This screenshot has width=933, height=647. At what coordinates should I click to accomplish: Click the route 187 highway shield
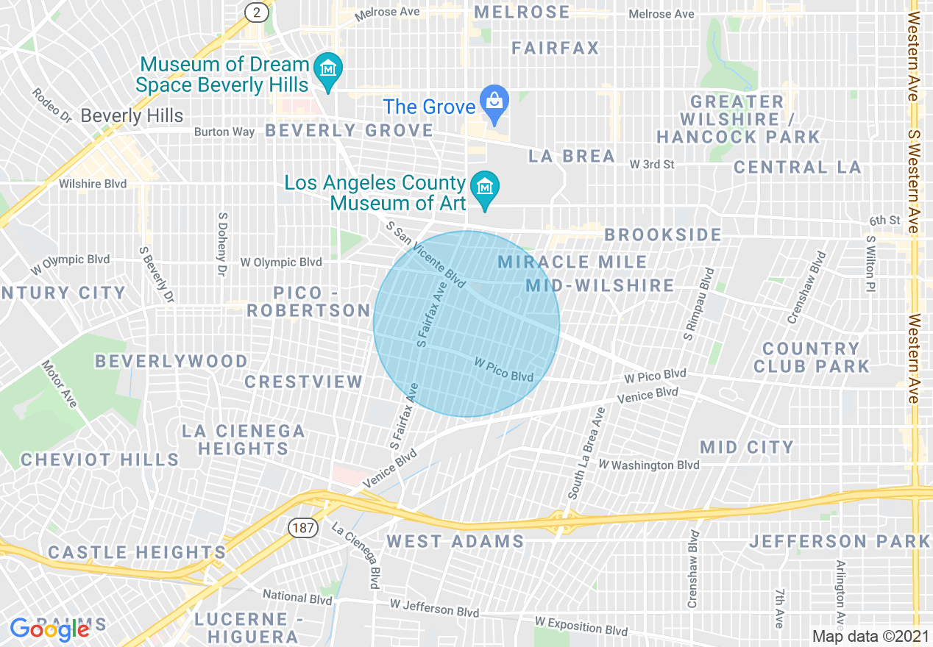coord(302,527)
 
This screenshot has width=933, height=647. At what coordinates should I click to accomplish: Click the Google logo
coord(49,629)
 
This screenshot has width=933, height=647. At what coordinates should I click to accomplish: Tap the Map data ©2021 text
coord(870,636)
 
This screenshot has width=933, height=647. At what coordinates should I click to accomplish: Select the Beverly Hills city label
coord(132,115)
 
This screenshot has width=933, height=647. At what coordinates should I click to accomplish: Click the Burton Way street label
coord(224,132)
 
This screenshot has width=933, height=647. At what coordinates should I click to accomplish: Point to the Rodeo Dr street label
coord(52,106)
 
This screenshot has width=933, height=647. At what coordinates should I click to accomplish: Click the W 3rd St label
coord(652,165)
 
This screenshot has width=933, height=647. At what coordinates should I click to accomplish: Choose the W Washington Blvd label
coord(648,465)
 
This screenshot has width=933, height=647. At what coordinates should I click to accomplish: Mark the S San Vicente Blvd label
coord(426,255)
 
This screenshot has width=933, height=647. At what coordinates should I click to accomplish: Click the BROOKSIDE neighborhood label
coord(663,235)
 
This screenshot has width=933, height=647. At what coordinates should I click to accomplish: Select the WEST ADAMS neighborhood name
coord(455,542)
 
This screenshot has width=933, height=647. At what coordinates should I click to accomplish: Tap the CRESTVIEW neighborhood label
coord(304,382)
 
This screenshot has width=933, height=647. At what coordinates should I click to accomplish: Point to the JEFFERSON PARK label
coord(840,542)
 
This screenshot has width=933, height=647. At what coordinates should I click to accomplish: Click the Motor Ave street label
coord(60,383)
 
